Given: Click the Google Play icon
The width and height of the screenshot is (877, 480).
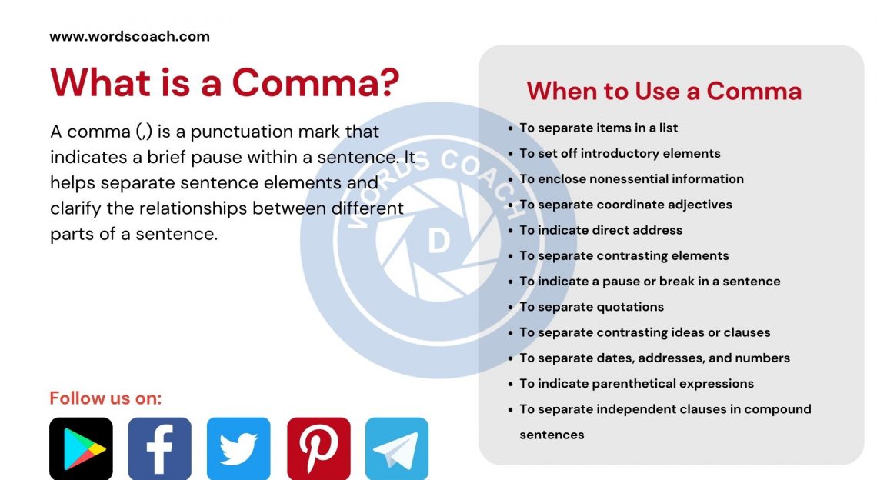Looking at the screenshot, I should pyautogui.click(x=81, y=448).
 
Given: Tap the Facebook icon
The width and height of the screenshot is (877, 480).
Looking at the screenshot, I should pyautogui.click(x=159, y=448).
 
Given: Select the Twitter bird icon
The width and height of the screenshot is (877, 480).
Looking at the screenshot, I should pyautogui.click(x=238, y=448).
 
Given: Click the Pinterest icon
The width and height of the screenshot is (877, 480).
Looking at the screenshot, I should pyautogui.click(x=318, y=448).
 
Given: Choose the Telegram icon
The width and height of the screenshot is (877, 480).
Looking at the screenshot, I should pyautogui.click(x=397, y=448).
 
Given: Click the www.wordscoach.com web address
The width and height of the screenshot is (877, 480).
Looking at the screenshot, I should pyautogui.click(x=129, y=36).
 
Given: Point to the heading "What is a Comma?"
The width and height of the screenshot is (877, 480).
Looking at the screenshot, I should pyautogui.click(x=225, y=82).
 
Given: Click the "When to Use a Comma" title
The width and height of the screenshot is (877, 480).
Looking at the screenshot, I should pyautogui.click(x=664, y=92).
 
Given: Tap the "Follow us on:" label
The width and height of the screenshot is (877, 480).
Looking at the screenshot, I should pyautogui.click(x=105, y=398).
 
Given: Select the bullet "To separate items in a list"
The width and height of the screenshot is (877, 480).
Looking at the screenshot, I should pyautogui.click(x=599, y=128).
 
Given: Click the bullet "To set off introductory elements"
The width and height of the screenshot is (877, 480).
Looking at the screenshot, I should pyautogui.click(x=619, y=153).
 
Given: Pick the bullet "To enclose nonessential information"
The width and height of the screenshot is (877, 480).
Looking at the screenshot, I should pyautogui.click(x=631, y=178).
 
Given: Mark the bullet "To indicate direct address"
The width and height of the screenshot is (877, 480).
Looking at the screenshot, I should pyautogui.click(x=600, y=230).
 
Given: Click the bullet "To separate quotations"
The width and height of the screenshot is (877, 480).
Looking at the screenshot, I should pyautogui.click(x=591, y=307).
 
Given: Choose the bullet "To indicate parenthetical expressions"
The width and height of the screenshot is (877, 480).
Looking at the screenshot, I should pyautogui.click(x=636, y=383).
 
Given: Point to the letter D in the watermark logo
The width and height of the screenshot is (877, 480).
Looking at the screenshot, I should pyautogui.click(x=438, y=242).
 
